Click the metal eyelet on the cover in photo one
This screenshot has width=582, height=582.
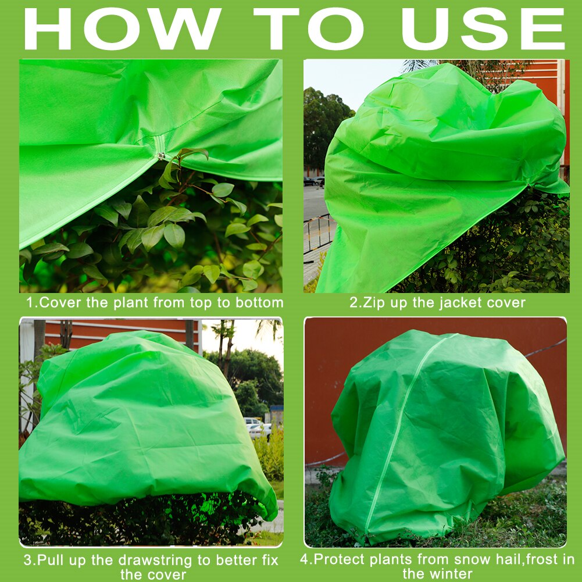tap(161, 155)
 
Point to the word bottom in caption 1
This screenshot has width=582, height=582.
tap(259, 302)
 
